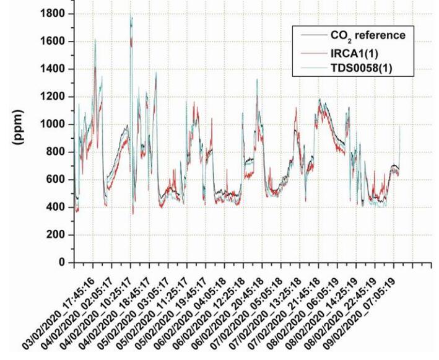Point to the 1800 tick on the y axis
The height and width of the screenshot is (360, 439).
51,14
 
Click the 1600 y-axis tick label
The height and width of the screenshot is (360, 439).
51,42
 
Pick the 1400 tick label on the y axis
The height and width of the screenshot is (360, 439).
51,69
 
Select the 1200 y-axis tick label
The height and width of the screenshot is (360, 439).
51,97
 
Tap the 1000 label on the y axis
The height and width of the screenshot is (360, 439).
51,125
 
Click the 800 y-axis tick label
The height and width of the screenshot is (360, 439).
54,152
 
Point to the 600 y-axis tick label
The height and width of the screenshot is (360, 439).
54,180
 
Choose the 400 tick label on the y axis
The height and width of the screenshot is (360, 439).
54,208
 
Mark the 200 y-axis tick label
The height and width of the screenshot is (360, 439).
54,235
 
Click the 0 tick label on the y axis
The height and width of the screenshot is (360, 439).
62,263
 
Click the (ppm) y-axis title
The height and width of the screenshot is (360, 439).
20,138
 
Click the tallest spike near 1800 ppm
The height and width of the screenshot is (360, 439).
131,17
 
